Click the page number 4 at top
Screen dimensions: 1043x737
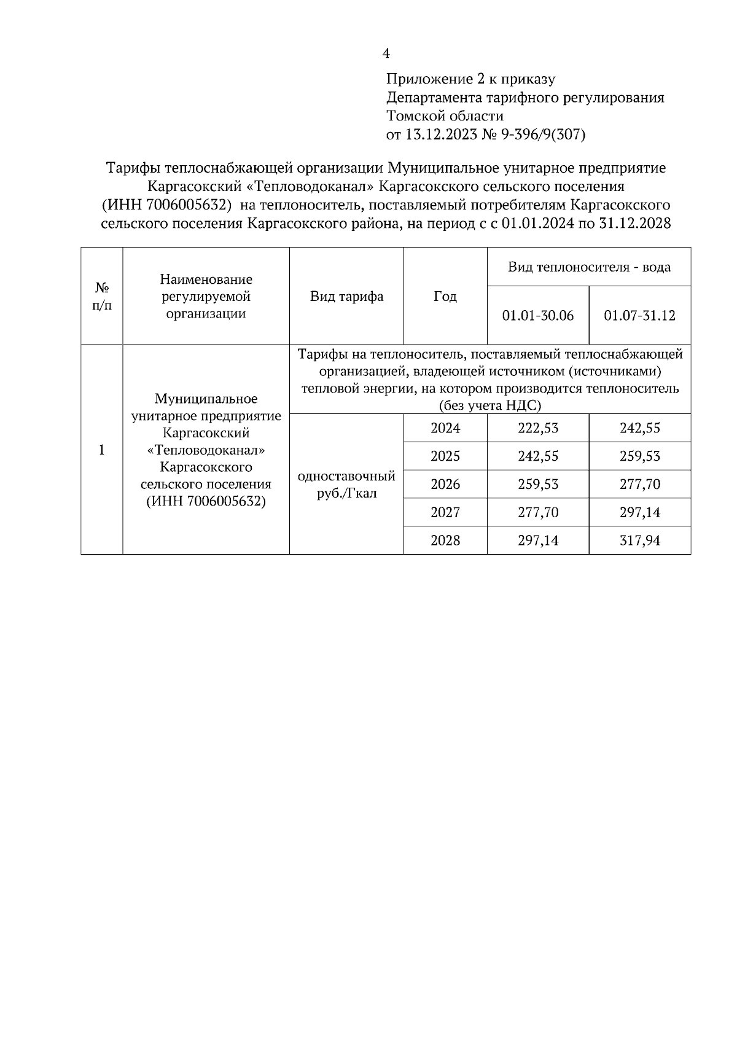[x=386, y=54]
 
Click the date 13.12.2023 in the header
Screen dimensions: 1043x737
[x=441, y=135]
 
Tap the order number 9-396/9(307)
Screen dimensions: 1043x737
[x=544, y=135]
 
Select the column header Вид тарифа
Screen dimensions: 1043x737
[x=346, y=297]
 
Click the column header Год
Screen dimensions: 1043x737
[x=445, y=297]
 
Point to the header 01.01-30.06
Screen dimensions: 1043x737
[x=538, y=316]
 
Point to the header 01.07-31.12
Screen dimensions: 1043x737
[x=640, y=316]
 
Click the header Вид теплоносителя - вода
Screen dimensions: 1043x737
[x=589, y=267]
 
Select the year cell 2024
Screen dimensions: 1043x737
[x=445, y=428]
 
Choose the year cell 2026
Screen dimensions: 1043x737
[x=445, y=484]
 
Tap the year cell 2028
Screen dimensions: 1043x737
[x=445, y=541]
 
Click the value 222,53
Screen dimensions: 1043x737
[x=538, y=428]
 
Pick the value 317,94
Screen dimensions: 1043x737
[x=640, y=541]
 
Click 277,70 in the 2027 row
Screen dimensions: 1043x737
[x=538, y=512]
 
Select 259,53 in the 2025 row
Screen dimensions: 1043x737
[x=640, y=456]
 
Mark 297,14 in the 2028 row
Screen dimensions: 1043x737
[x=538, y=541]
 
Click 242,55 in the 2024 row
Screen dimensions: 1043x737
[x=640, y=428]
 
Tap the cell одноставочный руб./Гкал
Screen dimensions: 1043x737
[x=346, y=485]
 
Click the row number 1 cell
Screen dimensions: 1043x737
[x=102, y=450]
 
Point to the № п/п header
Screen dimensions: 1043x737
[x=102, y=296]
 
